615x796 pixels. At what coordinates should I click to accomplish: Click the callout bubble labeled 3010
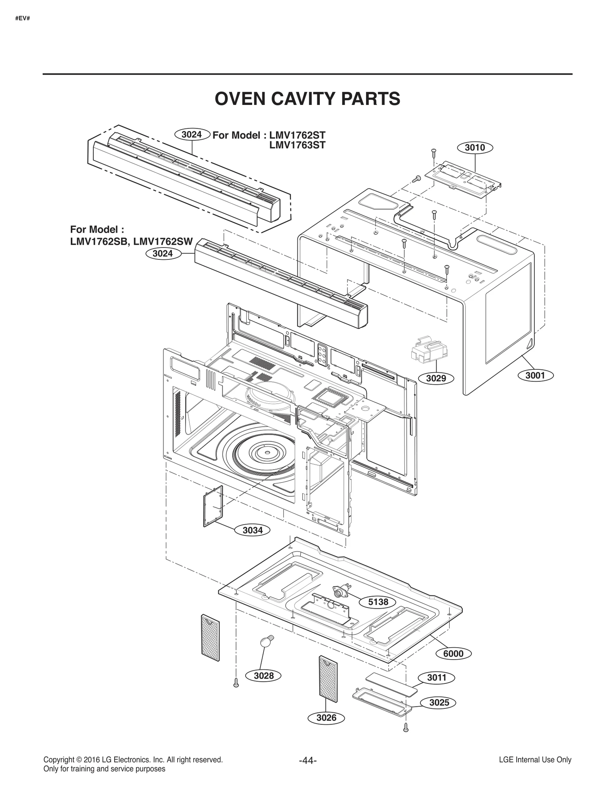pos(475,148)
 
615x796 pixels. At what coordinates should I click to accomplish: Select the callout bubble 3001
pos(535,375)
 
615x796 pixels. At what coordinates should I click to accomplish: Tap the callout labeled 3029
pos(436,378)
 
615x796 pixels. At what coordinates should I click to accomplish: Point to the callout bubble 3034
pos(253,530)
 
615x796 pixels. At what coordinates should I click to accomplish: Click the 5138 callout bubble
pos(378,602)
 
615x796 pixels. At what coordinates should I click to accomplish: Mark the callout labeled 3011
pos(437,678)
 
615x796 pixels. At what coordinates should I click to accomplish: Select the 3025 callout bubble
pos(439,703)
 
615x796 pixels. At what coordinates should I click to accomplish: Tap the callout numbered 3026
pos(326,718)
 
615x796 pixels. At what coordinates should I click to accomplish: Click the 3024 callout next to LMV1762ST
pos(191,135)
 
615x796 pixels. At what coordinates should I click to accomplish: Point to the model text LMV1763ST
pos(297,145)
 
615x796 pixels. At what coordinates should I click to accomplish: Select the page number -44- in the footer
pos(307,760)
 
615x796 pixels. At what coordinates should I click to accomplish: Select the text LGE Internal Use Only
pos(535,759)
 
